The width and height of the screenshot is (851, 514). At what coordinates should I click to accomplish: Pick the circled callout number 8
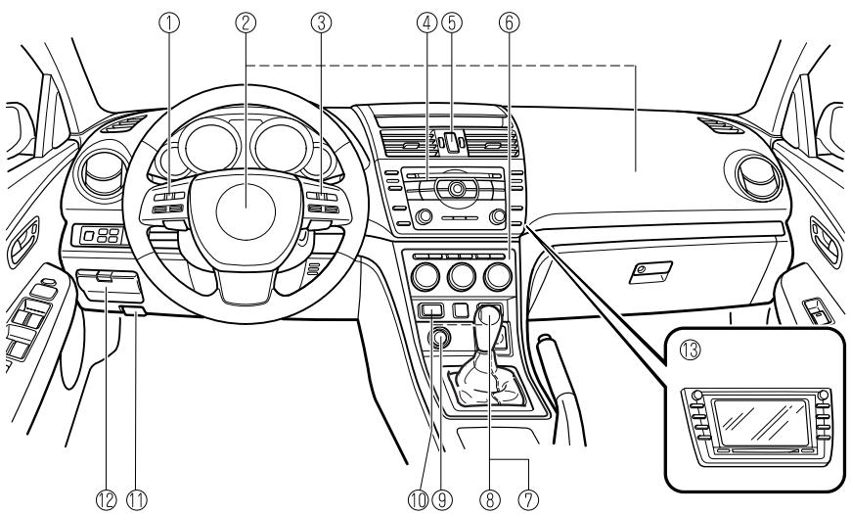484,499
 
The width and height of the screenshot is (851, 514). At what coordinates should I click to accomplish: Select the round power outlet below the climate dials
439,338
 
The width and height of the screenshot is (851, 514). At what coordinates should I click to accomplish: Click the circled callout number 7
529,499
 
